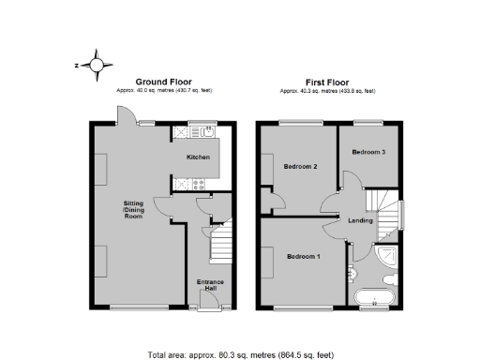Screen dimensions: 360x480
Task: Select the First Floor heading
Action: (x=327, y=82)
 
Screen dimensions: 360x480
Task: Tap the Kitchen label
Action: (x=198, y=157)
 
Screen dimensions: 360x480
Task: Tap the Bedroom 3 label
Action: (x=368, y=151)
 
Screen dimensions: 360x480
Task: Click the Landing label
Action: (x=361, y=221)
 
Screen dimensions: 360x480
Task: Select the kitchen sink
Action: (x=208, y=132)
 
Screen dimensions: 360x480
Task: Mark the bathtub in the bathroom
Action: (x=377, y=298)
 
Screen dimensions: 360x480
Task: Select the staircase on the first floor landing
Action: (x=381, y=202)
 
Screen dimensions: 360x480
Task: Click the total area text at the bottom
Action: (x=240, y=354)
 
